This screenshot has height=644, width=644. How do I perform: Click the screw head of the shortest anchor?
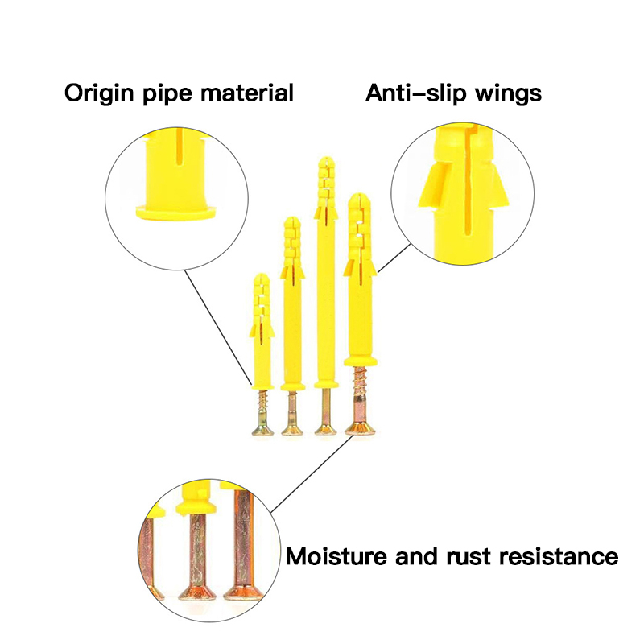(261, 427)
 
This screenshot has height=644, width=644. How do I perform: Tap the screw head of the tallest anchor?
(325, 427)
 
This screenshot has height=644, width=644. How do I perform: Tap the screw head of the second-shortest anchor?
(291, 427)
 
